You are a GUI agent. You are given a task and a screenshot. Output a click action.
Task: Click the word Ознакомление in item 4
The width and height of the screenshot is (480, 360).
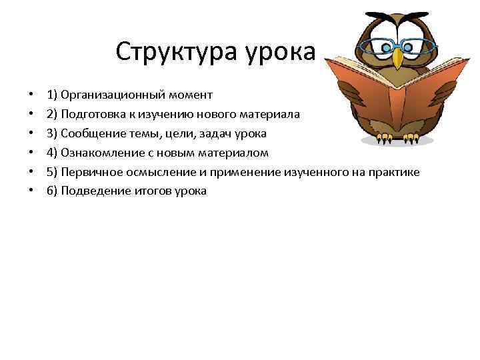[102, 153]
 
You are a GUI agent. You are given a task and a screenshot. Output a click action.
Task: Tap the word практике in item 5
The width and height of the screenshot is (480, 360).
[394, 172]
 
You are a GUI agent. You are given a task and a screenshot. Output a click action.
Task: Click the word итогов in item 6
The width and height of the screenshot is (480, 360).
[155, 191]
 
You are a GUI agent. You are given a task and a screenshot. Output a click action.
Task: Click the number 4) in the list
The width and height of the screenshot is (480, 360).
[52, 153]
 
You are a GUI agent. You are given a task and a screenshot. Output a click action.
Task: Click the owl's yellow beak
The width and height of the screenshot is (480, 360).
[398, 57]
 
